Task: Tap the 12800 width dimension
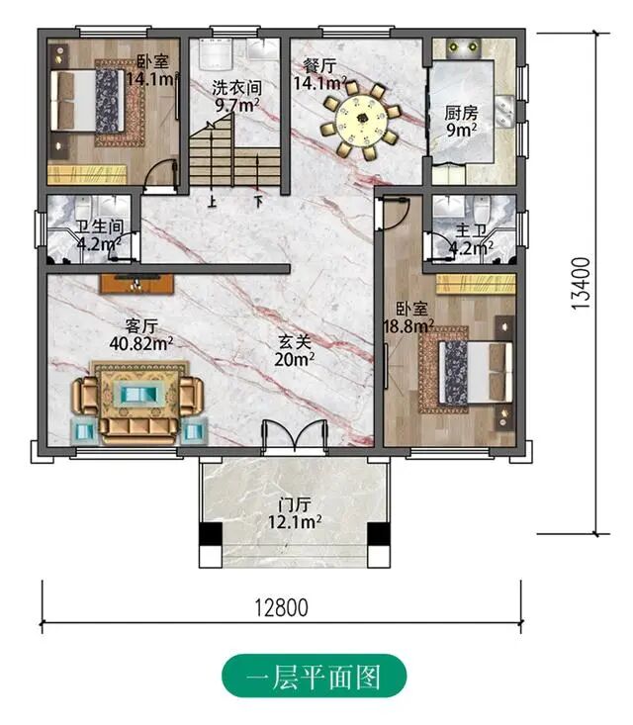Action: [282, 608]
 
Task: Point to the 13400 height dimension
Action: [581, 283]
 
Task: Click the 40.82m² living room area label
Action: [141, 343]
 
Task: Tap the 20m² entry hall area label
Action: [295, 359]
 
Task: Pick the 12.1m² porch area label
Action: [295, 522]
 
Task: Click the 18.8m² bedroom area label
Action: [408, 327]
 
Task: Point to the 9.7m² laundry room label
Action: [237, 106]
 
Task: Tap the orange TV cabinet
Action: [136, 284]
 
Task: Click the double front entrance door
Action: [295, 435]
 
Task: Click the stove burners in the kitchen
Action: [463, 46]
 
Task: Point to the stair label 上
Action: [212, 203]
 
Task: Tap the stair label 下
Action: [258, 203]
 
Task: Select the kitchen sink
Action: [504, 110]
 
